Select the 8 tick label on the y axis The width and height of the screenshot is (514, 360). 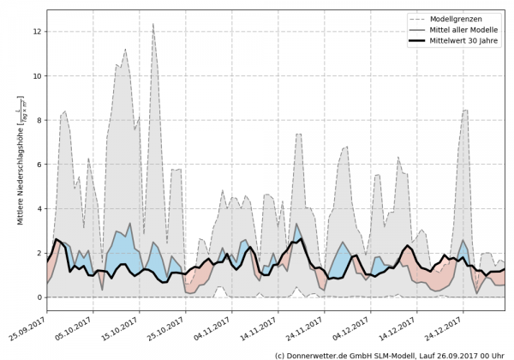[39, 120]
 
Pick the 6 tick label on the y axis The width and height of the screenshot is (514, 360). [39, 165]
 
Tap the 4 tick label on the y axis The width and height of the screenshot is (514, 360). [39, 209]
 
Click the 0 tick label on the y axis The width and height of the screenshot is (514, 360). [39, 297]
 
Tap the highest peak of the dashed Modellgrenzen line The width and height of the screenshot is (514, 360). [152, 25]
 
